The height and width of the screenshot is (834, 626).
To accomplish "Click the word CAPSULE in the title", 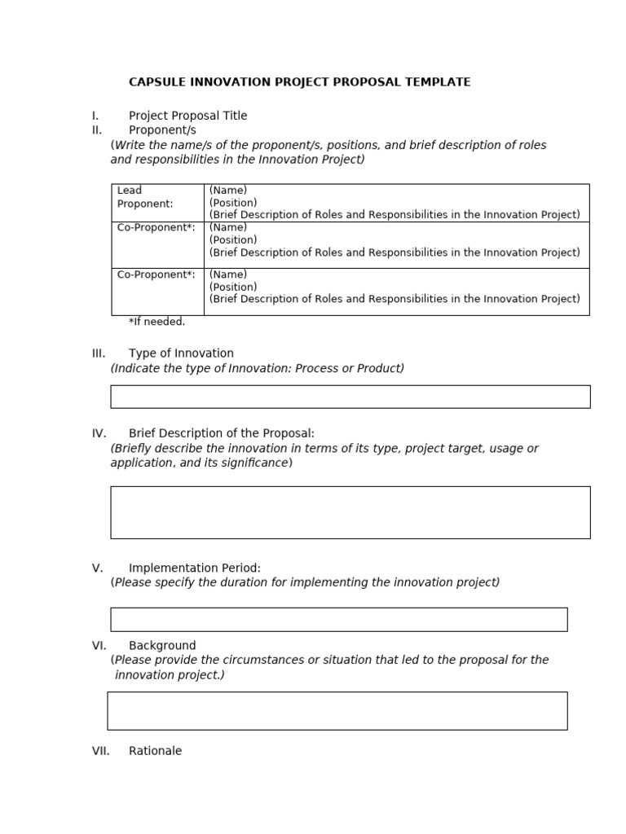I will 156,82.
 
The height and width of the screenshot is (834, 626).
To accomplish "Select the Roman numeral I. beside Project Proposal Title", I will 95,116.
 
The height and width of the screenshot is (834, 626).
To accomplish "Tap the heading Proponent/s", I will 162,130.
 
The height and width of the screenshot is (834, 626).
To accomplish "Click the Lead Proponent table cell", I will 157,203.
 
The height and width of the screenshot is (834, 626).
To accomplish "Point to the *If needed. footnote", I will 156,322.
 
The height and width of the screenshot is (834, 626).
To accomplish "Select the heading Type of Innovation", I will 181,353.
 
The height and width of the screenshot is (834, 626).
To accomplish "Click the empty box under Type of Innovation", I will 350,397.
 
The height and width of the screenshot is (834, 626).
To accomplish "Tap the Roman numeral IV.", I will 99,433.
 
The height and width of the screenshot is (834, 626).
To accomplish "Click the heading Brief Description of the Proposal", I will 221,433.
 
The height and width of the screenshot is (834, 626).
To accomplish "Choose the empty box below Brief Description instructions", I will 350,512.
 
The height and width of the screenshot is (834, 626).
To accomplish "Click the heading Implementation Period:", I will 194,568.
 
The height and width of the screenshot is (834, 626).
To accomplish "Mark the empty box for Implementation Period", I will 338,619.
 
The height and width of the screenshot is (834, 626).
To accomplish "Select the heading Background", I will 162,646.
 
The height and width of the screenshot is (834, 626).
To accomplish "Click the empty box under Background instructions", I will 337,711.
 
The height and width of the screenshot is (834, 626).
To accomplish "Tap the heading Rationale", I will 155,751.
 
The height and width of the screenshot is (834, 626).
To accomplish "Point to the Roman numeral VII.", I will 100,751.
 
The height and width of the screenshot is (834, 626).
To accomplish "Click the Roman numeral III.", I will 99,353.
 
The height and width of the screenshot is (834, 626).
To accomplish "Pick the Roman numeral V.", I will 97,568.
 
